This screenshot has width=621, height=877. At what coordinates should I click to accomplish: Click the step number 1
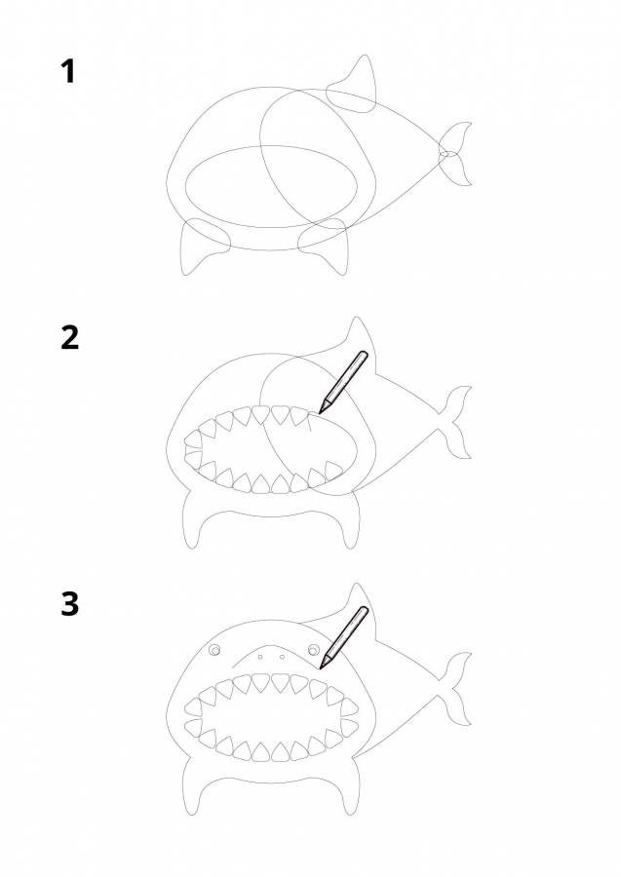point(68,71)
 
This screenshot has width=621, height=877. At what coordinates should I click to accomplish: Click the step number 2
point(69,338)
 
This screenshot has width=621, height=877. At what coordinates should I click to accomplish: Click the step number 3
point(69,604)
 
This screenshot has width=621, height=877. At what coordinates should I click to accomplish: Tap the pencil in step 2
point(343,382)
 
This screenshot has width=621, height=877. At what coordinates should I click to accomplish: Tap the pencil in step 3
point(343,637)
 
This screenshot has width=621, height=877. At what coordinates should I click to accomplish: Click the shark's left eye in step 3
point(214,650)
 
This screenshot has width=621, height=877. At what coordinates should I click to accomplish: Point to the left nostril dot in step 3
point(260,657)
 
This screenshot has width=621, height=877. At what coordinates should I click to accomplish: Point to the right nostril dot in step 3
point(282,657)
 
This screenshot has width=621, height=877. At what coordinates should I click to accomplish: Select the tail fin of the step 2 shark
point(456,421)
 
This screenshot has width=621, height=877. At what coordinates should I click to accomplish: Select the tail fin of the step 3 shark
point(456,687)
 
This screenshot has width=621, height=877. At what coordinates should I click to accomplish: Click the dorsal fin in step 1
point(355,87)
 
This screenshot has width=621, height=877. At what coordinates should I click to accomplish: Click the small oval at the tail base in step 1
point(448,154)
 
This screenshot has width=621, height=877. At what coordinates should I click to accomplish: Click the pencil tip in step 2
point(320,413)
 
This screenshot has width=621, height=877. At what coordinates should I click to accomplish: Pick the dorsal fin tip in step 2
point(356,318)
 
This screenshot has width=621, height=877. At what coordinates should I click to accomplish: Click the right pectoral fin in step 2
point(349,519)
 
